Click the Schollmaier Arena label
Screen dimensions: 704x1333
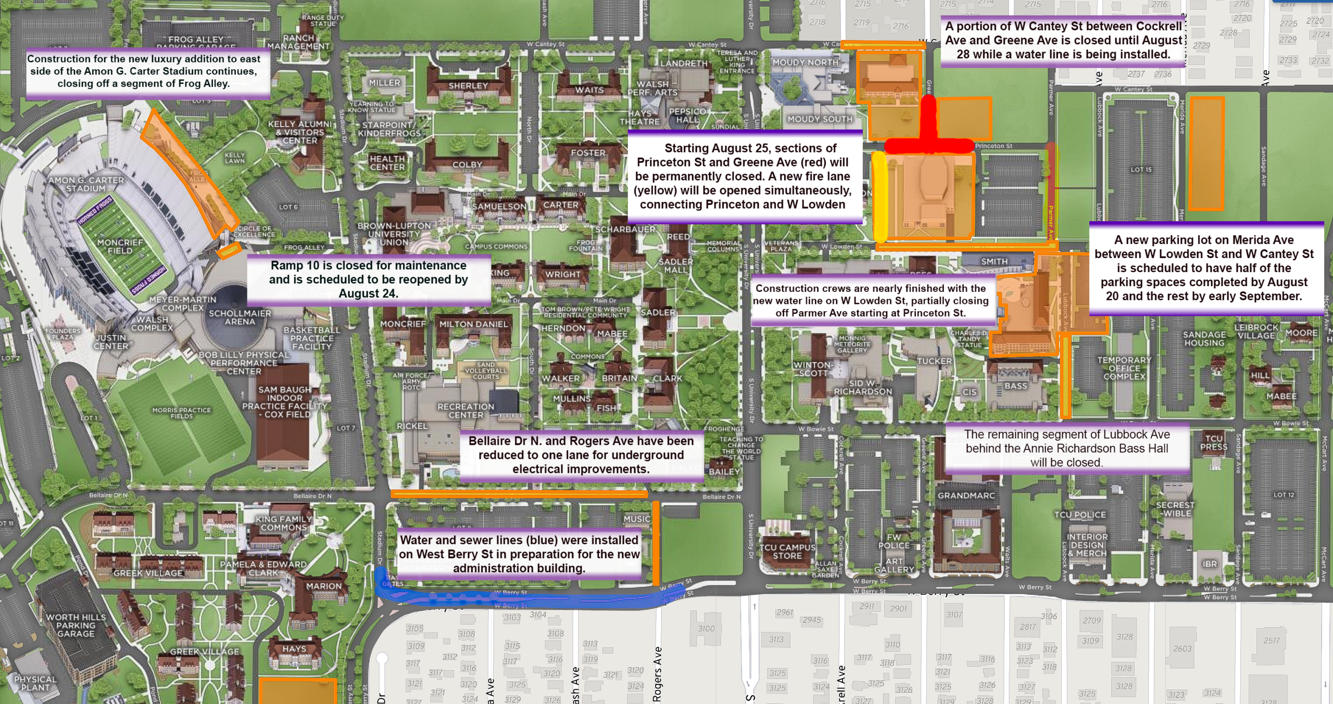click(240, 317)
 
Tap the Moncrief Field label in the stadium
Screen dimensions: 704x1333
click(120, 247)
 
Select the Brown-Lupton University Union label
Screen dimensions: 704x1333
click(394, 234)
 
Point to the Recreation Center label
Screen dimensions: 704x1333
click(466, 411)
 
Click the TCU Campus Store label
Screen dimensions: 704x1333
click(787, 552)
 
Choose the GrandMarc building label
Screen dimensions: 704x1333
click(966, 495)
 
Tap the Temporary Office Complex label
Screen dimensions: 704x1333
click(1124, 368)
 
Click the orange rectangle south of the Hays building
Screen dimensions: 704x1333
click(297, 691)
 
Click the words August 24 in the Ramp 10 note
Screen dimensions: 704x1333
click(368, 293)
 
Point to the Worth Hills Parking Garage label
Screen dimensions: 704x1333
click(76, 625)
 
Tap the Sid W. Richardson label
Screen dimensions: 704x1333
click(863, 387)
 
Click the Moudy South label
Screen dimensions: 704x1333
click(820, 119)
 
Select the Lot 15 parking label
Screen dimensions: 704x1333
click(1141, 170)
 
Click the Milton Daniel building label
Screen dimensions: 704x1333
click(473, 324)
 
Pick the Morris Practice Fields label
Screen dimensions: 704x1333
click(181, 413)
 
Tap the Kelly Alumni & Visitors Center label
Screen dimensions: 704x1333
click(299, 132)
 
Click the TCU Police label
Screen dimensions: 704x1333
click(1080, 515)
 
